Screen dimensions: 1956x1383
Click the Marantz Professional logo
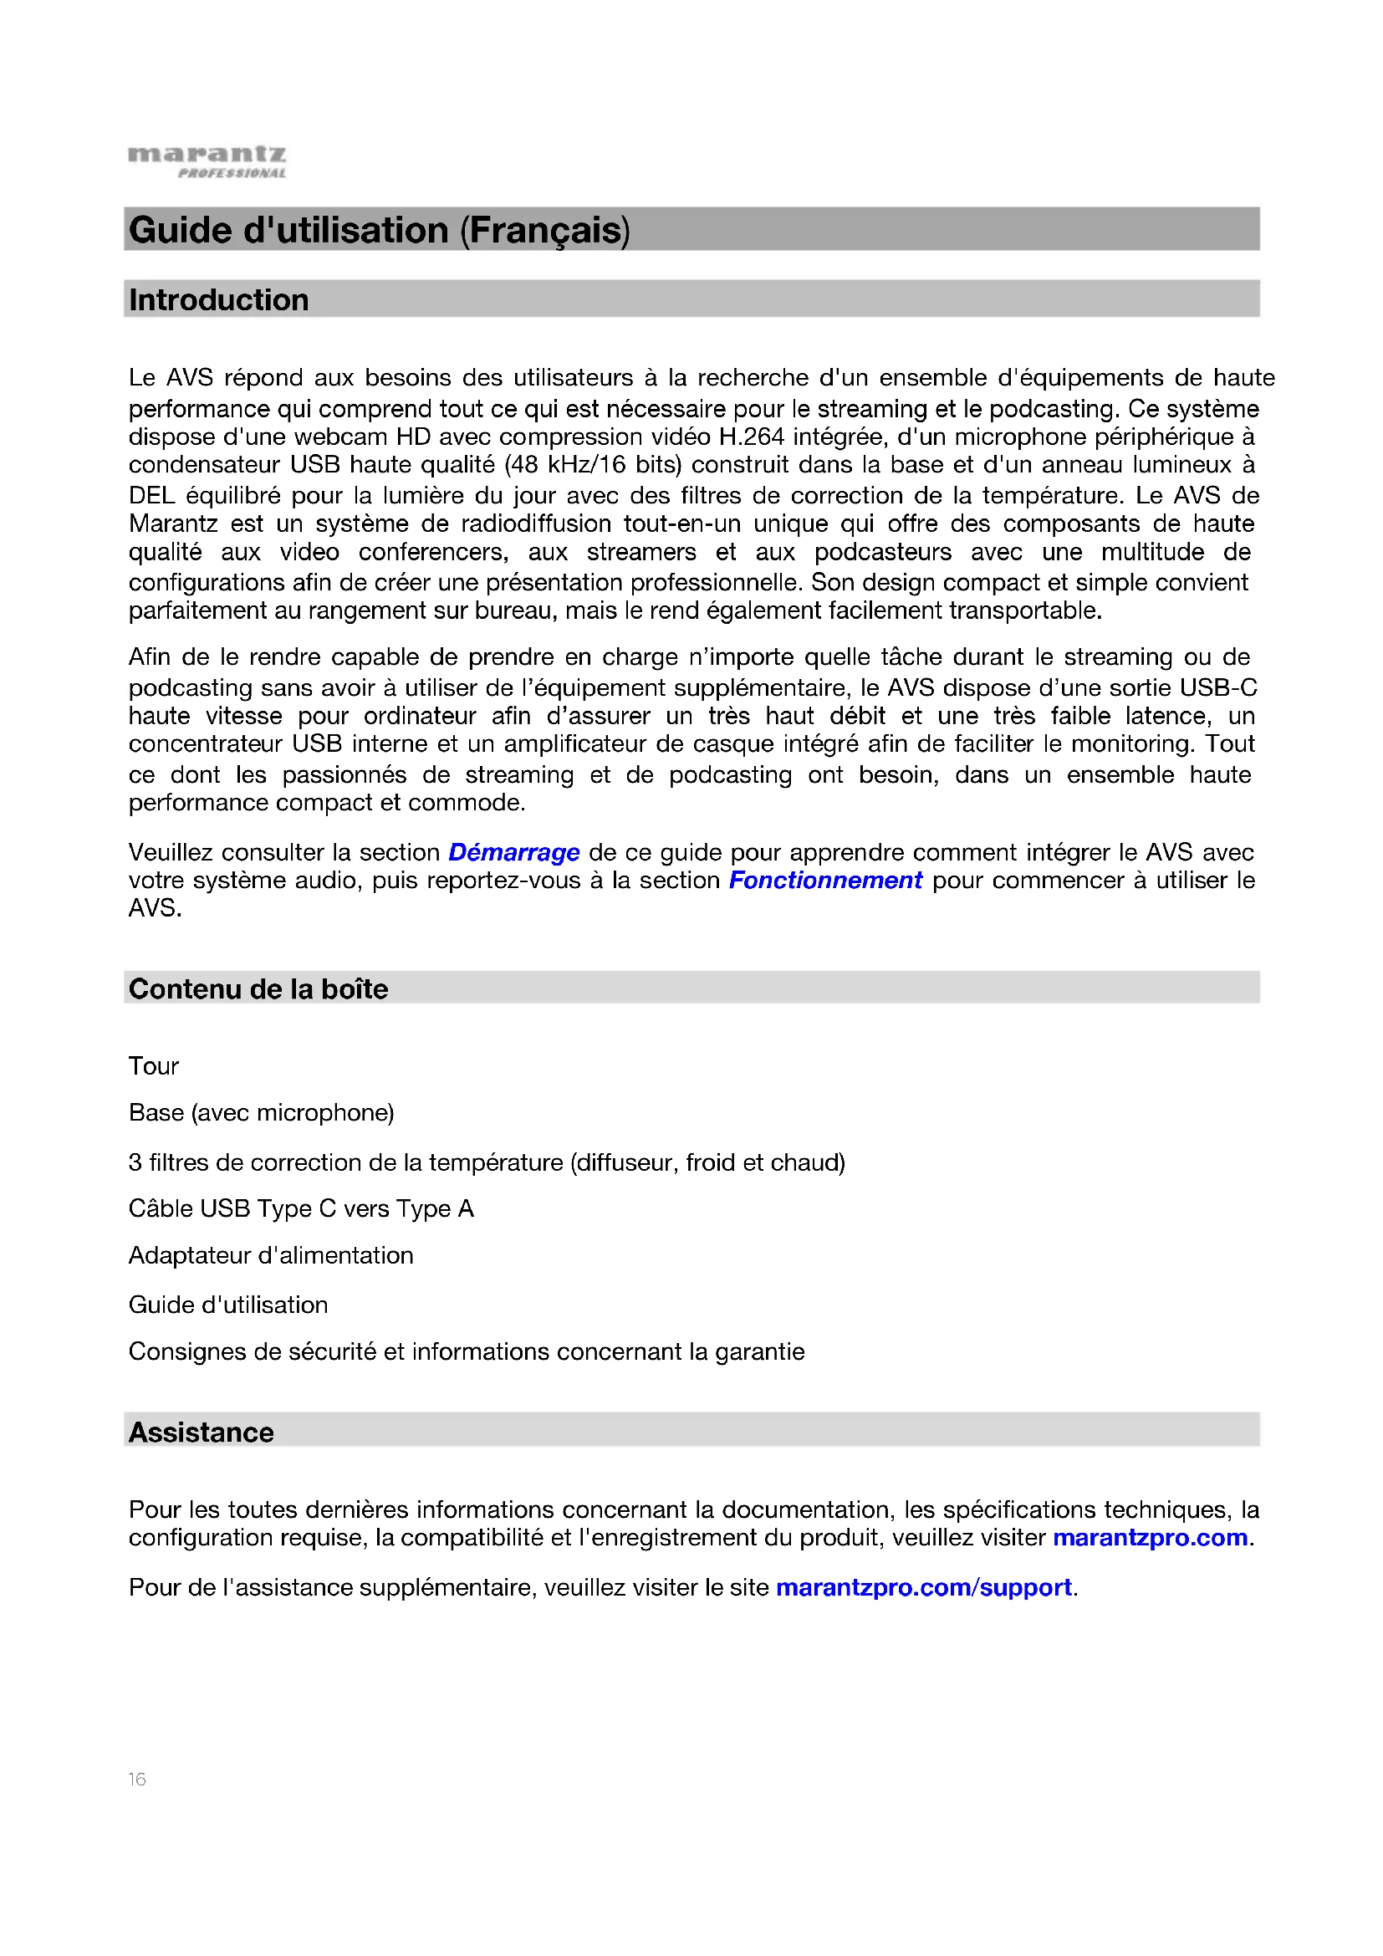coord(207,161)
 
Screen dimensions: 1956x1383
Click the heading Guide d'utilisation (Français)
coord(379,230)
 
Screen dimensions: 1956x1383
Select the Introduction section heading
coord(219,300)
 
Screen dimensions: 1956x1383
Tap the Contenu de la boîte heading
coord(258,988)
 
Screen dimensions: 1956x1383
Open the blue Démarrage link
coord(513,852)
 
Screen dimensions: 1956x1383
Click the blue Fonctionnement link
coord(825,880)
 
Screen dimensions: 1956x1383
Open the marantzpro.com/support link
coord(923,1587)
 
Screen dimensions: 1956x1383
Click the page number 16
coord(137,1779)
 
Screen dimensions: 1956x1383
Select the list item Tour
coord(154,1065)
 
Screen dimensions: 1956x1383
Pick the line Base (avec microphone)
coord(262,1112)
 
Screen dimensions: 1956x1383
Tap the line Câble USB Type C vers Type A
coord(302,1208)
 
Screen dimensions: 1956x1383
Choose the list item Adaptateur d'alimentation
coord(271,1255)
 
